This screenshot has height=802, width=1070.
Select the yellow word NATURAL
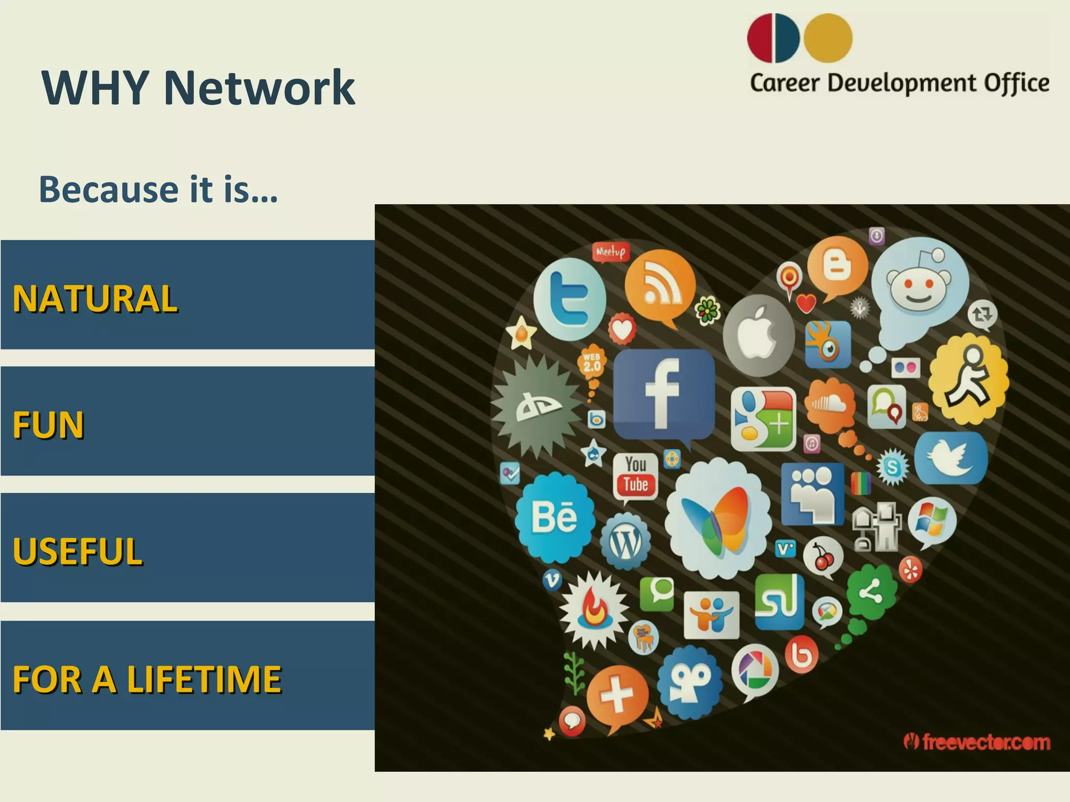[95, 299]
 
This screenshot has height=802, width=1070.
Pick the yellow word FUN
[48, 425]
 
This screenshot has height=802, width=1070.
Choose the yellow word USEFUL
[77, 551]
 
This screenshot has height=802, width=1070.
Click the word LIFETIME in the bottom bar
[204, 679]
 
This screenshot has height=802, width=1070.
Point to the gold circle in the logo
[828, 38]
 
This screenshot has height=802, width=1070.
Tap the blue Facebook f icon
[664, 394]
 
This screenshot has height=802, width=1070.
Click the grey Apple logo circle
[759, 335]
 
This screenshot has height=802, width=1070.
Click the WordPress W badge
[625, 543]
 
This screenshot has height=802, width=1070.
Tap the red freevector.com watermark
[977, 742]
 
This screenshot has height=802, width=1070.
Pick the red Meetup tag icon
[610, 252]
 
